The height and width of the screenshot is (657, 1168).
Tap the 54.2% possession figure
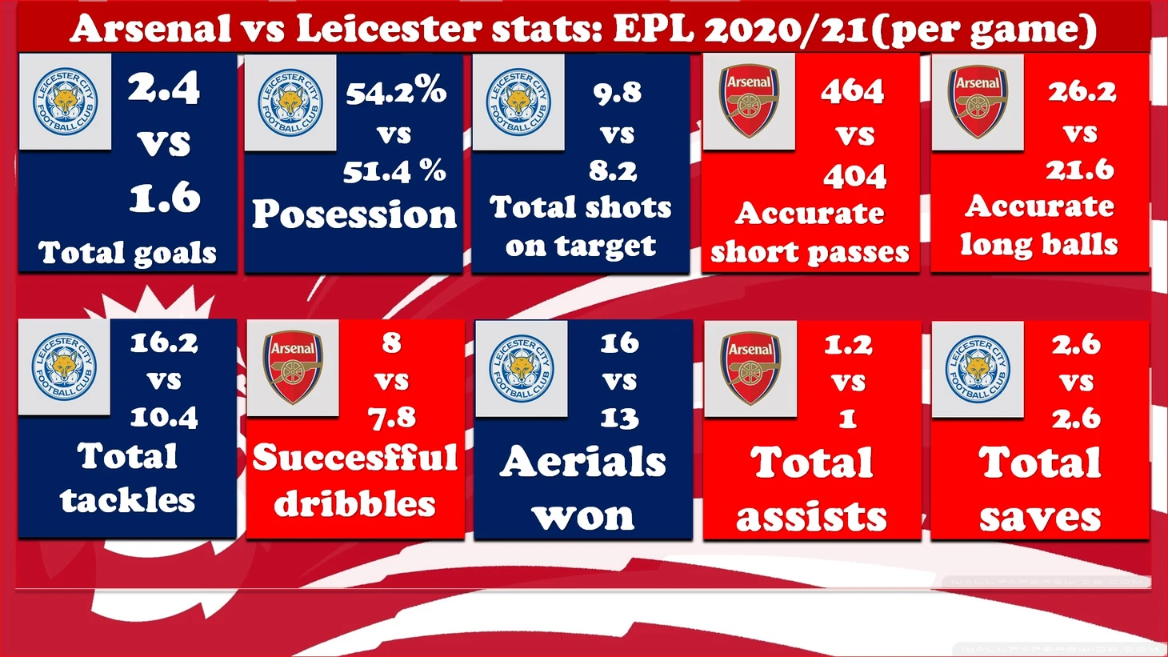coord(396,92)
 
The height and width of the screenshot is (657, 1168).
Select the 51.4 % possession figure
coord(394,170)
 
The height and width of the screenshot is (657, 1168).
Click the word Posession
coord(354,214)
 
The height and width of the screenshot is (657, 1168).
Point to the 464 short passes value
coord(853,91)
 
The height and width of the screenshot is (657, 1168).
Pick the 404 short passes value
coord(854,176)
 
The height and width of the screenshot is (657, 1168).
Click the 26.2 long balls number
coord(1082,92)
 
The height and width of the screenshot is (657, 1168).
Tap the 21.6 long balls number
coord(1080,170)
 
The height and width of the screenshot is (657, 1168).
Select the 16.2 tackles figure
coord(164,343)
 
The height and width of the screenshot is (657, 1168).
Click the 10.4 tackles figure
coord(164,417)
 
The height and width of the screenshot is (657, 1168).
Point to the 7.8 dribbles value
coord(392,417)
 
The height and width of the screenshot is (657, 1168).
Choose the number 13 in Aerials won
coord(620,418)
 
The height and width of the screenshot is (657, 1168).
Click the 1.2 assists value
coord(848,345)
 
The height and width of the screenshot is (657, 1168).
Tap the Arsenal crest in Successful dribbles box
coord(293,367)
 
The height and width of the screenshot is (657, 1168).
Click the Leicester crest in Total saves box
coord(978,369)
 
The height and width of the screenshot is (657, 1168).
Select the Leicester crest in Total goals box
coord(65,102)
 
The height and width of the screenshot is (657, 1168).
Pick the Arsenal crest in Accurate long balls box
coord(977,102)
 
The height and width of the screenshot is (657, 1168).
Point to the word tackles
coord(128,500)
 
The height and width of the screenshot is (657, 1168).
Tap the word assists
coord(811,516)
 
